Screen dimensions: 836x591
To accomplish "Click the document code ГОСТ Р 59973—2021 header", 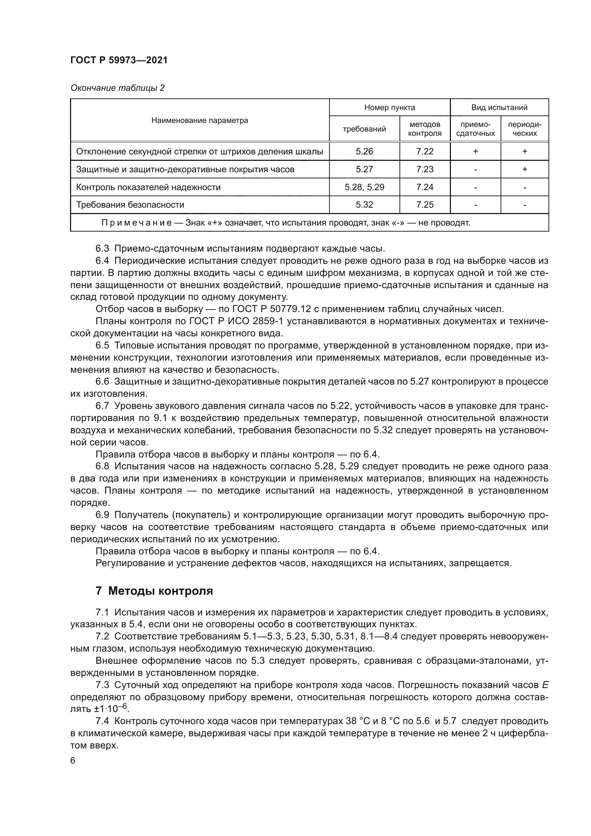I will [119, 60].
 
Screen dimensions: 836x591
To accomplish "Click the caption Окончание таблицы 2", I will [117, 88].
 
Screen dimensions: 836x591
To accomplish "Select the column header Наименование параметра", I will [200, 120].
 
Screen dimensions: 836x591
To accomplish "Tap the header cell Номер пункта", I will [389, 108].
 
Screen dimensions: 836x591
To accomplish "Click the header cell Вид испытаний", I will [499, 108].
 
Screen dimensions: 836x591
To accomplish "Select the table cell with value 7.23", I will [425, 169].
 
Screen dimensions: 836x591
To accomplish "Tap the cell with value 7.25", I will [425, 205].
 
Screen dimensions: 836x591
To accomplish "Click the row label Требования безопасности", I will [130, 205].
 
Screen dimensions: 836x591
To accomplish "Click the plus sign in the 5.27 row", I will [525, 169].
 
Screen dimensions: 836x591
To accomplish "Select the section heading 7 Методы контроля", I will [154, 590].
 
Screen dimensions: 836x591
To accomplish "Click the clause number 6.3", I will [102, 249].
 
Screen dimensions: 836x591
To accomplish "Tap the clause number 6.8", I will [102, 466].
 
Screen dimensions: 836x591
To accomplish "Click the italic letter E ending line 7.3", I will [545, 685].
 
